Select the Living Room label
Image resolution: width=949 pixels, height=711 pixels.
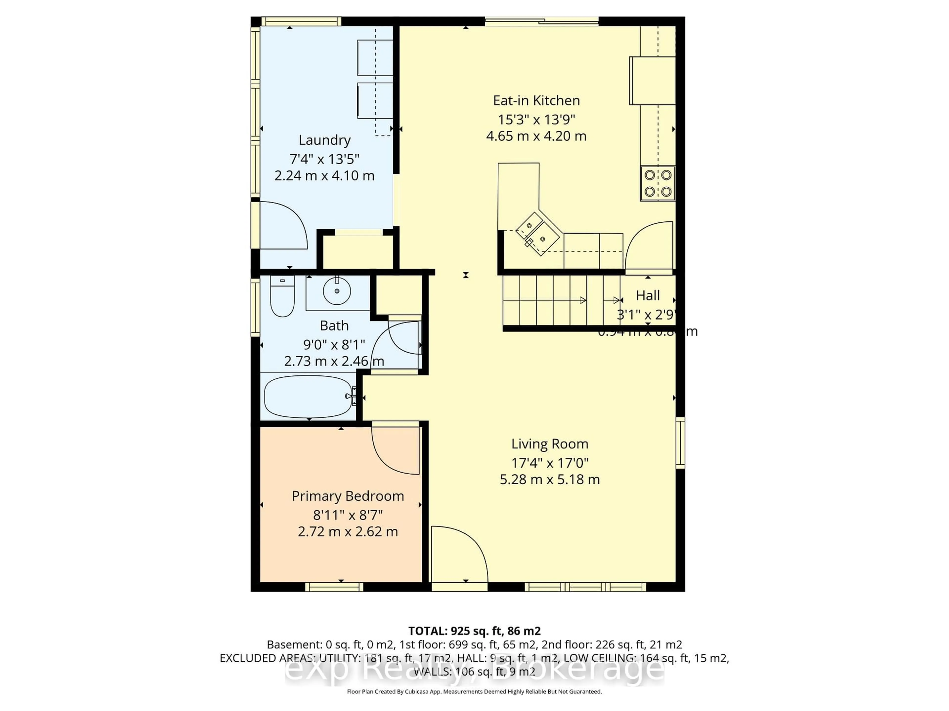[x=550, y=444]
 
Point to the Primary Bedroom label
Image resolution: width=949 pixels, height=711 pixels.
[x=347, y=496]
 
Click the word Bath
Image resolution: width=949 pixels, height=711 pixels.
[x=334, y=326]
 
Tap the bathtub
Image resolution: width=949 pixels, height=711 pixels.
[x=308, y=396]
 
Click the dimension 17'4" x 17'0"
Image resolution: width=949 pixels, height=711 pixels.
[x=550, y=463]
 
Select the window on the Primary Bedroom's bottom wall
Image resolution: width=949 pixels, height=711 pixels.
[x=334, y=587]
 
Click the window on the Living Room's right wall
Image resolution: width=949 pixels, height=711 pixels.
[x=680, y=442]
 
